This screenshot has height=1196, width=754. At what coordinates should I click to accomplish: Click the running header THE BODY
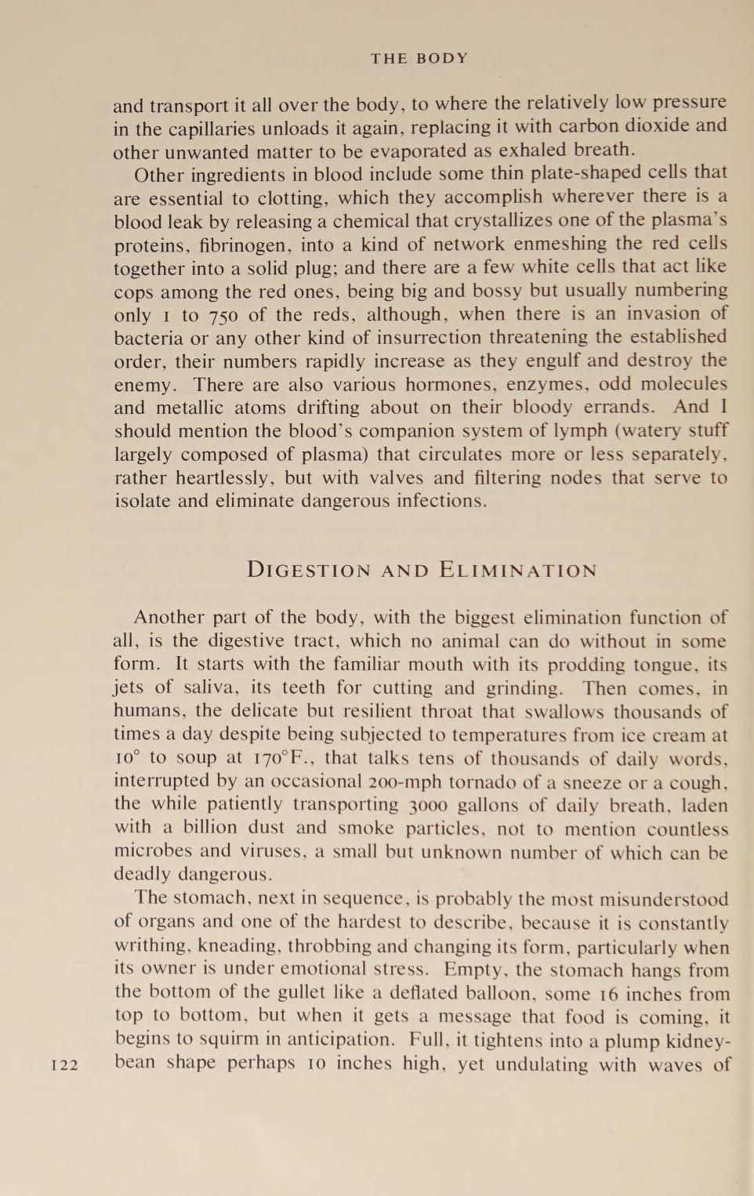pos(419,59)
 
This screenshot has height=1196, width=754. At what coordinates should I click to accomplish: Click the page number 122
pos(64,1064)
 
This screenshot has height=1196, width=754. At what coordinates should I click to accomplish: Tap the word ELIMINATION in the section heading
pos(518,570)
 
